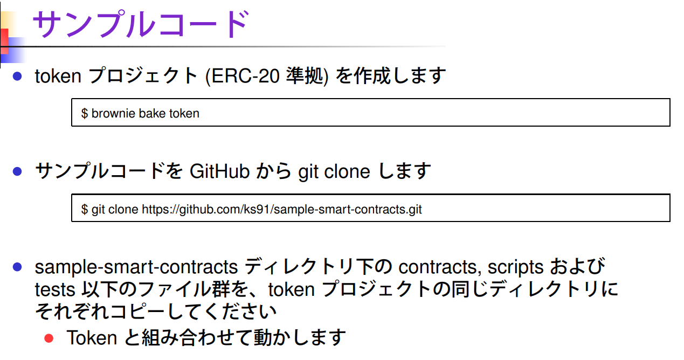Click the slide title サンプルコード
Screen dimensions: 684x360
(141, 24)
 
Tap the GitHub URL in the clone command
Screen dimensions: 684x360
(281, 209)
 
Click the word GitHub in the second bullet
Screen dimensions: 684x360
(220, 171)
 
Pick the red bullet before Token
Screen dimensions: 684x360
(49, 338)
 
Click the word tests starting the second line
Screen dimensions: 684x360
(54, 290)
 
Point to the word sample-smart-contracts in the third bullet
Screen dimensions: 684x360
(136, 267)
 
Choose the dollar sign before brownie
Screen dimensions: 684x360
(85, 114)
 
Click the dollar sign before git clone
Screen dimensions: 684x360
(85, 209)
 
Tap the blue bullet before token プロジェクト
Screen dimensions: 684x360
(17, 77)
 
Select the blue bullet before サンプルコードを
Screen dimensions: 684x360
(17, 172)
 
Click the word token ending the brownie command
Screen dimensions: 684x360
(184, 114)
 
